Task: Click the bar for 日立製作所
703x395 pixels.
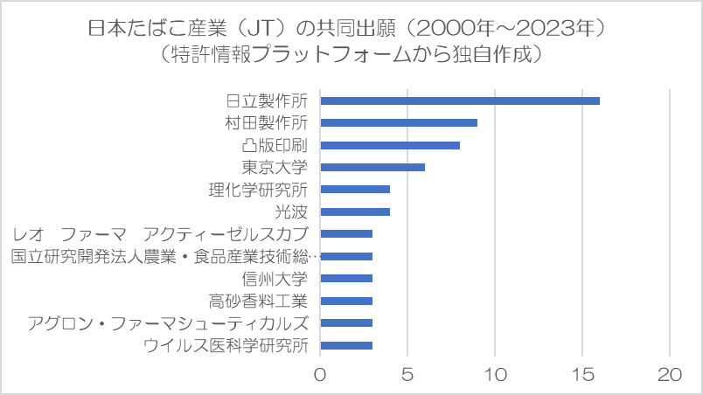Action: [460, 100]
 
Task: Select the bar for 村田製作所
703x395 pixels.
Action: [399, 122]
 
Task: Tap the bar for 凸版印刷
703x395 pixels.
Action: [390, 145]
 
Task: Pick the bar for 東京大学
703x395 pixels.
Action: [372, 167]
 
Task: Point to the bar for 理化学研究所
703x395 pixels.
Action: [355, 190]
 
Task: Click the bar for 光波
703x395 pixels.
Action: [355, 211]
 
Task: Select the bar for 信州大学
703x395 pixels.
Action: [346, 279]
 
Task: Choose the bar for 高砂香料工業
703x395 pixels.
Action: [346, 301]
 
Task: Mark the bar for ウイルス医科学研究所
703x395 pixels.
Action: [346, 345]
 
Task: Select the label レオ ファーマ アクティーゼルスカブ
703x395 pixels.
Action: [161, 234]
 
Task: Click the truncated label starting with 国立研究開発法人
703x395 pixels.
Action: [165, 256]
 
